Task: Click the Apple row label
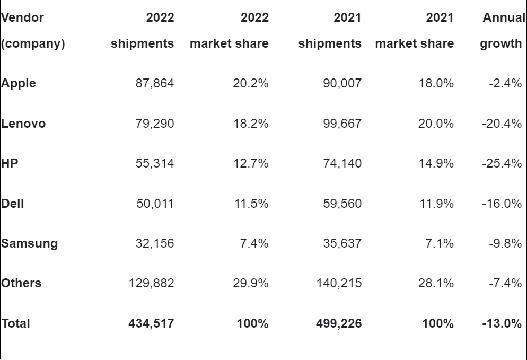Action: click(19, 83)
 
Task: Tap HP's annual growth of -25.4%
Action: click(502, 163)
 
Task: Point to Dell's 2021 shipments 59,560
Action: click(342, 203)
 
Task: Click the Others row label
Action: click(21, 283)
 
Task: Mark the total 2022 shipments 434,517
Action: click(151, 323)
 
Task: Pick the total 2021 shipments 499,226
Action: click(339, 323)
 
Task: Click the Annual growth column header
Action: click(502, 31)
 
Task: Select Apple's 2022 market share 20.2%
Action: click(251, 83)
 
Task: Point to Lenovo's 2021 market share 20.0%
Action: click(436, 124)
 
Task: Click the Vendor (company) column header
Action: click(33, 31)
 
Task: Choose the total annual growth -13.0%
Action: click(502, 323)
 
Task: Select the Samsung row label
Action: click(30, 243)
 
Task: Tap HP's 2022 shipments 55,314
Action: click(154, 163)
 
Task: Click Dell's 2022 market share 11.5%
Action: click(251, 203)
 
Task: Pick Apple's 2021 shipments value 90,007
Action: click(342, 83)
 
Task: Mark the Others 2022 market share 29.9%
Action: click(251, 283)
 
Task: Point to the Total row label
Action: click(16, 323)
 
